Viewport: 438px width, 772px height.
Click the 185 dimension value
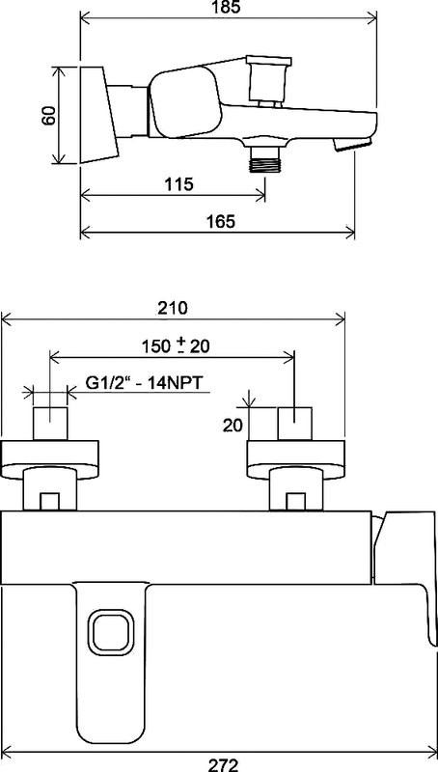pyautogui.click(x=229, y=8)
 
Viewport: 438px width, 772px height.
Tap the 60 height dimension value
pyautogui.click(x=48, y=116)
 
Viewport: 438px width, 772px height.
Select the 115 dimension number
pyautogui.click(x=179, y=184)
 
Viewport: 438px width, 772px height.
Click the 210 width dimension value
pyautogui.click(x=173, y=308)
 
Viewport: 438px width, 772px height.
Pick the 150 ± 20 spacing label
pyautogui.click(x=176, y=346)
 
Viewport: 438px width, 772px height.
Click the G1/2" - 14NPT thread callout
pyautogui.click(x=144, y=383)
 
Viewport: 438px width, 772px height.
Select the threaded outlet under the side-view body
pyautogui.click(x=265, y=158)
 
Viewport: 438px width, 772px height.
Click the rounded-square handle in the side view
pyautogui.click(x=184, y=102)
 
